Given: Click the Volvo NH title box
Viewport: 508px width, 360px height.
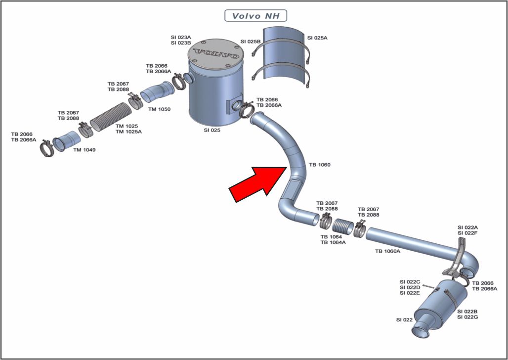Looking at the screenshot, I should tap(255, 16).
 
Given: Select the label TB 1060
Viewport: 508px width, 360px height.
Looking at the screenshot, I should tap(320, 165).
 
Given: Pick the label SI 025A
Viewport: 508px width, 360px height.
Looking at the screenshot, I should tap(317, 38).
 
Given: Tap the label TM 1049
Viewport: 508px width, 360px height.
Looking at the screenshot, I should tap(84, 150).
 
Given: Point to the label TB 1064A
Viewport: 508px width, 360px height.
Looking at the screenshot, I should tap(333, 242).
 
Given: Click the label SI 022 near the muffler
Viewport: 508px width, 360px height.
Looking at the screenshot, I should tap(404, 320).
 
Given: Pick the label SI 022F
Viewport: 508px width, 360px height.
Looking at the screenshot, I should tap(467, 233).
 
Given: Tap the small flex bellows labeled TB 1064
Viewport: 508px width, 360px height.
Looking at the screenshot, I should tap(341, 227).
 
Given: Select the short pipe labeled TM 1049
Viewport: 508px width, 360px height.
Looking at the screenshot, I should tap(66, 140).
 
